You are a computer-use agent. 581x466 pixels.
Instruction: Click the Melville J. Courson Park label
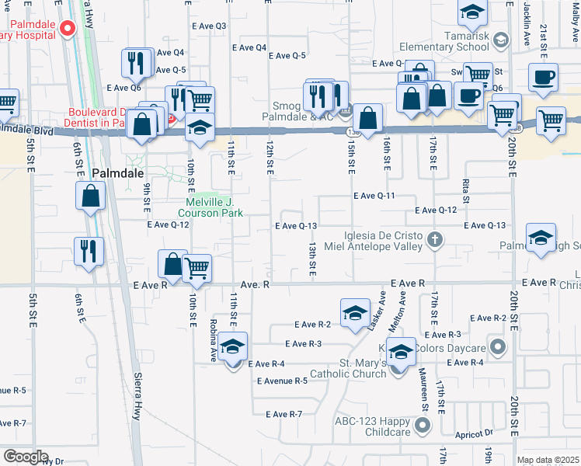click(x=210, y=206)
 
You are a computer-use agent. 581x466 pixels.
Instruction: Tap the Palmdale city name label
click(x=118, y=173)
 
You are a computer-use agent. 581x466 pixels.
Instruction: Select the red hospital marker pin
click(x=67, y=30)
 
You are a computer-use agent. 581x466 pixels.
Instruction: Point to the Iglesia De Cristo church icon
click(x=435, y=240)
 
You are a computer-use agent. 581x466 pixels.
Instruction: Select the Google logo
click(x=26, y=457)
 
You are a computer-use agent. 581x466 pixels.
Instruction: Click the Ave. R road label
click(x=255, y=285)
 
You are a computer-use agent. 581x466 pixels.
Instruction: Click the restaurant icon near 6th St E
click(x=88, y=251)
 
